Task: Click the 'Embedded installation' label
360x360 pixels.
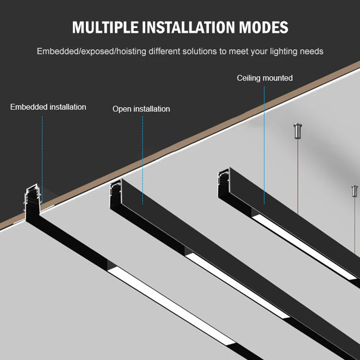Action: point(48,107)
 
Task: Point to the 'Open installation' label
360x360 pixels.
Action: point(141,109)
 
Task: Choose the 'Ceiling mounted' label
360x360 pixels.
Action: point(264,78)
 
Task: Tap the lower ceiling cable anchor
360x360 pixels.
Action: point(354,192)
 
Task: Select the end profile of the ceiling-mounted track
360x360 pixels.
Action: point(223,177)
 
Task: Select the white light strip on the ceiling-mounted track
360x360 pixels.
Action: point(307,250)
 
